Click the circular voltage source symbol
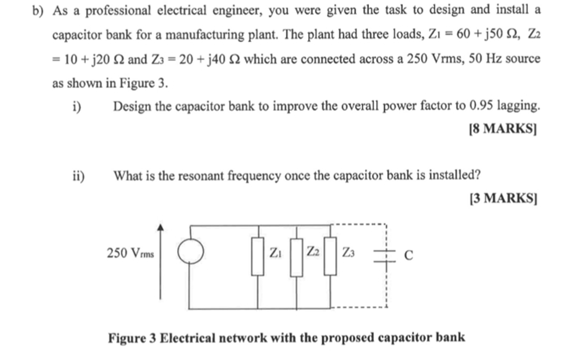[190, 253]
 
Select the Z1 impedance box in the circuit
[258, 255]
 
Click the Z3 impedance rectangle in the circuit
[331, 255]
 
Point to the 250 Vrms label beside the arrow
[130, 254]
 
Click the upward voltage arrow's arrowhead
[161, 227]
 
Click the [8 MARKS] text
[503, 128]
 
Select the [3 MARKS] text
[503, 198]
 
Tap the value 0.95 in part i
[481, 106]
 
